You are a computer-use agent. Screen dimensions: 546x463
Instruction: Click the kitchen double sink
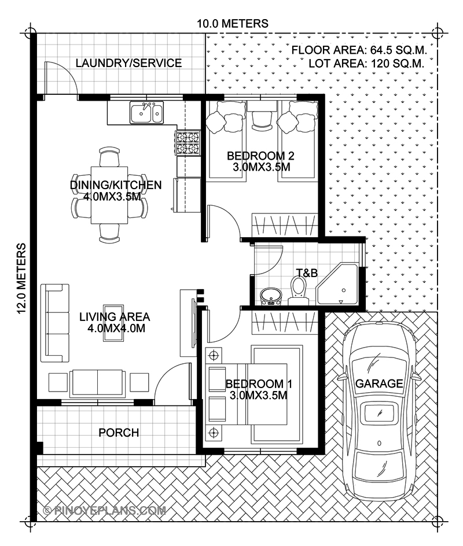coord(146,113)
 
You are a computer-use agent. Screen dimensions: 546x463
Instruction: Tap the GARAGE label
coord(379,383)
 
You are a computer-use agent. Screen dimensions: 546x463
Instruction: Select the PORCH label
coord(118,433)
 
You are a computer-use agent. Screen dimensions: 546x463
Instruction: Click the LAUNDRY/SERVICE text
coord(128,63)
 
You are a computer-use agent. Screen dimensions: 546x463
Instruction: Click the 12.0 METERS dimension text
coord(23,278)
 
